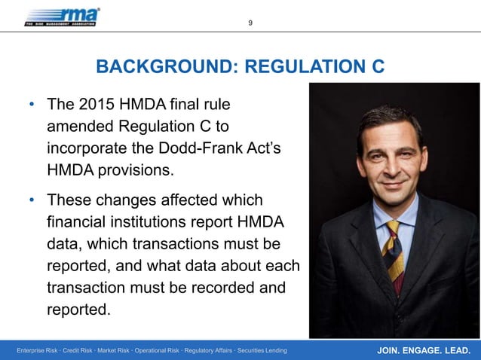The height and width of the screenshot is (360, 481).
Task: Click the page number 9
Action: click(x=251, y=23)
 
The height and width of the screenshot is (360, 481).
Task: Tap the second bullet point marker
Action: click(x=32, y=201)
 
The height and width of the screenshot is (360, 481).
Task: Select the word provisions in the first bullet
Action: click(x=133, y=169)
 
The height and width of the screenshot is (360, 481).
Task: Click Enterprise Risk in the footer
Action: click(x=39, y=352)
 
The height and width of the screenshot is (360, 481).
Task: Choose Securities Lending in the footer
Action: click(x=258, y=352)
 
